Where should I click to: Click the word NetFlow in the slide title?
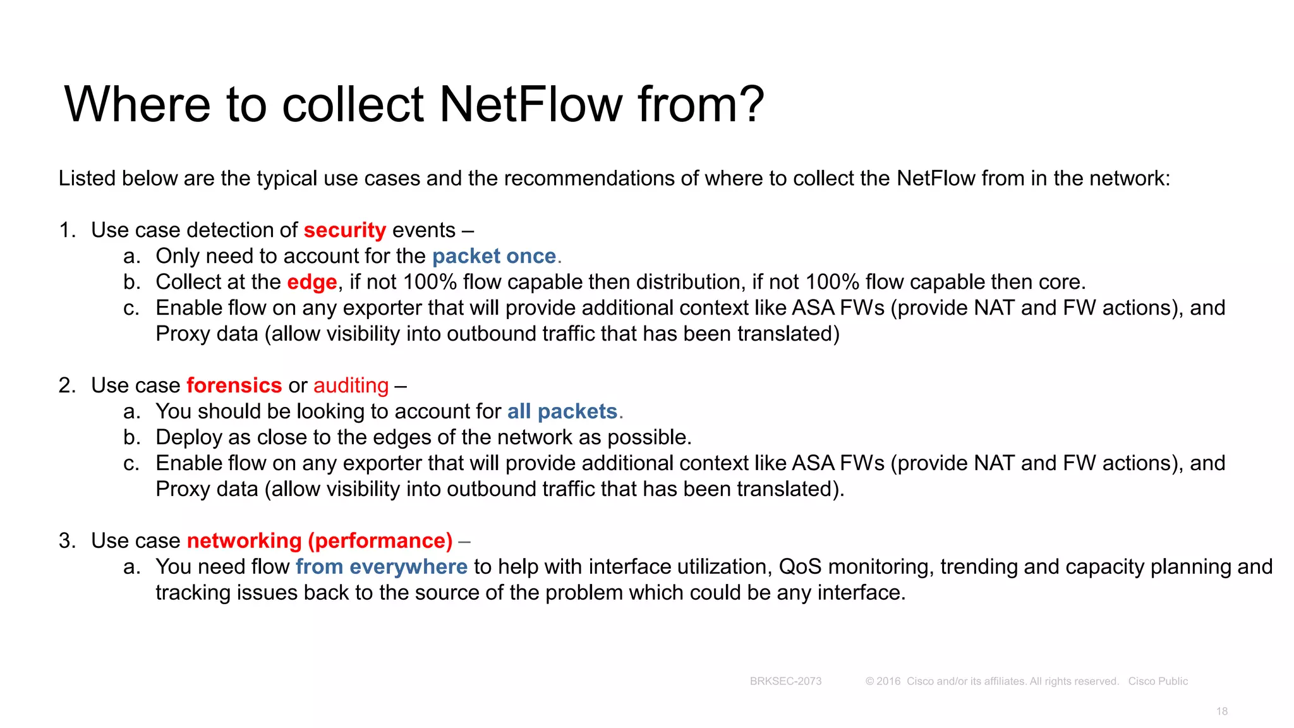531,104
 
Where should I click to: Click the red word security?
344,230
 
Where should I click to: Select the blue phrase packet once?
494,256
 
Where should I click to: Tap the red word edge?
311,282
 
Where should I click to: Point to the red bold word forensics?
234,385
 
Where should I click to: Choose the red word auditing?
351,385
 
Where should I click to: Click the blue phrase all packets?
562,411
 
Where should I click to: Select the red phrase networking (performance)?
319,541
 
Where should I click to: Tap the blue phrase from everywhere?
381,567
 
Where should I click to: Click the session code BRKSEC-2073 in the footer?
785,681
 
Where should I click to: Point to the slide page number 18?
1222,712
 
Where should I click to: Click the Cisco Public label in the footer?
1158,681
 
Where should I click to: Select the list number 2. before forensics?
67,385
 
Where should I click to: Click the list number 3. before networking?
67,541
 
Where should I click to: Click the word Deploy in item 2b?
188,437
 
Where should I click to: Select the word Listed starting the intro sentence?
87,178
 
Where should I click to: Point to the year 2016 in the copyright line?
888,681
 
